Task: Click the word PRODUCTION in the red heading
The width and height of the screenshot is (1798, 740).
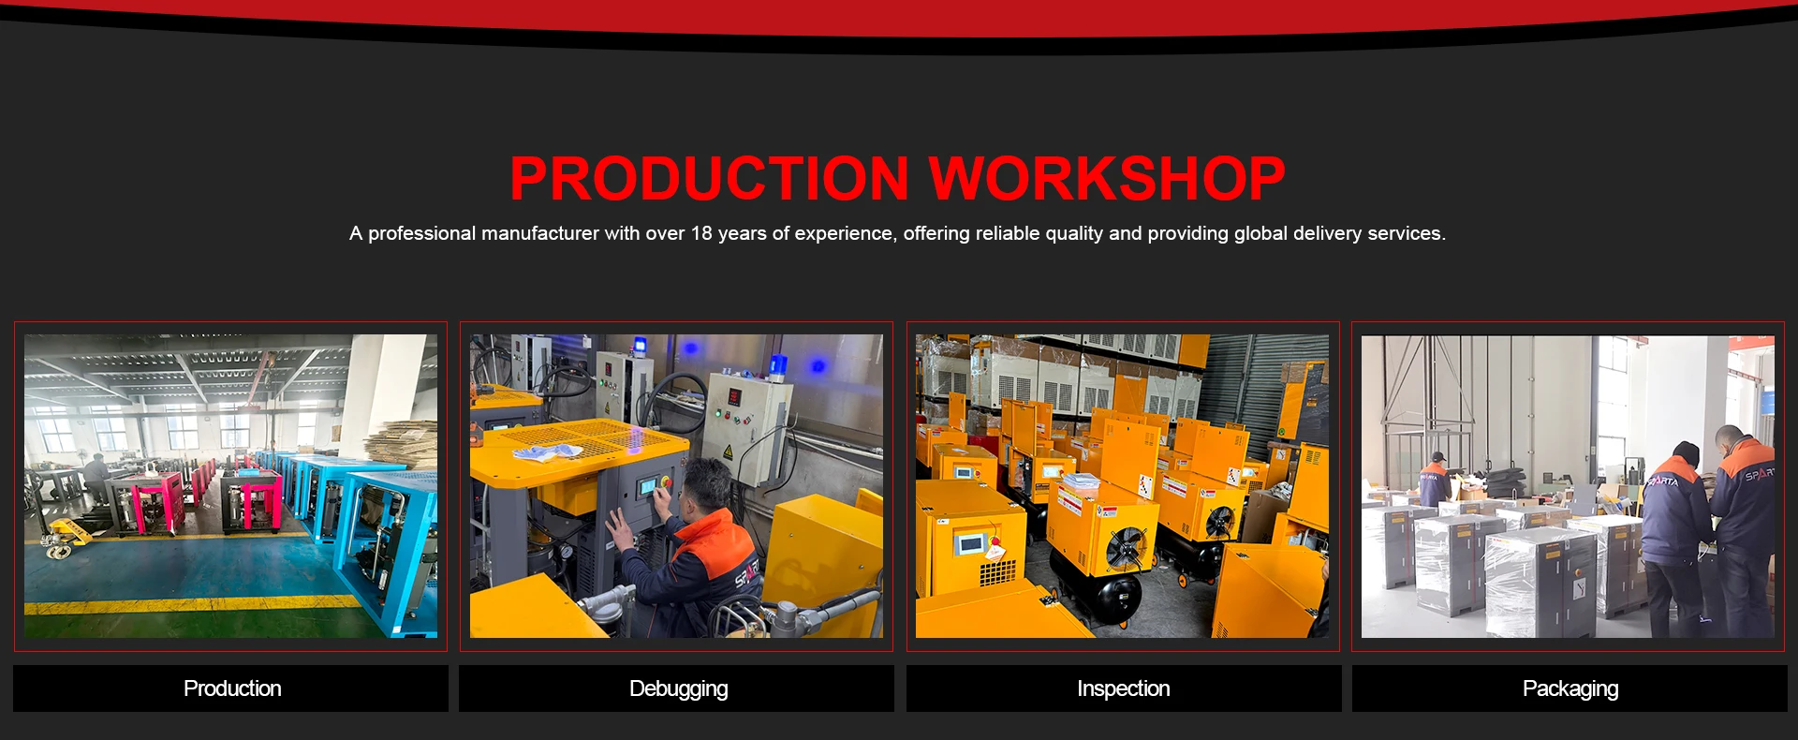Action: pos(709,178)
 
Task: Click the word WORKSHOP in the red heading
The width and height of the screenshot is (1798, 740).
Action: pos(1107,178)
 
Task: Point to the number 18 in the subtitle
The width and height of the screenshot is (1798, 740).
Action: pos(701,233)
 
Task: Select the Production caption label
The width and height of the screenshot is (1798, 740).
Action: pos(231,688)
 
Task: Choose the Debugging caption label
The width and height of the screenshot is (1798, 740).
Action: pos(677,688)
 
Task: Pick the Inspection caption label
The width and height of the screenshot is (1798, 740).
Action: pos(1123,688)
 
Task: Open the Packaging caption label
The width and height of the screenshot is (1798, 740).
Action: pos(1570,688)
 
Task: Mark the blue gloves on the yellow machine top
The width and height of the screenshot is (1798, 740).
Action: pos(548,452)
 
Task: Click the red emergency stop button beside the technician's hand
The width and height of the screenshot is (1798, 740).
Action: pos(667,482)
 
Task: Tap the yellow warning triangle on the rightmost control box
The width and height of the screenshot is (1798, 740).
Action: pos(728,452)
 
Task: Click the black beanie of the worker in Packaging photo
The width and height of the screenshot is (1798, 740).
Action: pos(1685,453)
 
